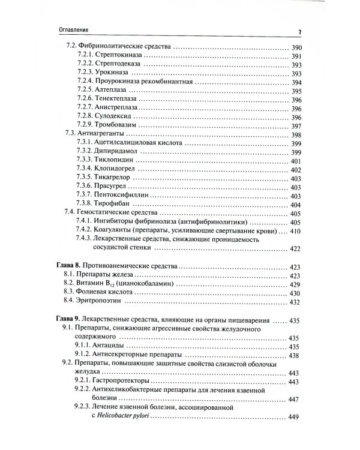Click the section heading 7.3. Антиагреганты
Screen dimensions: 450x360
(x=93, y=136)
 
